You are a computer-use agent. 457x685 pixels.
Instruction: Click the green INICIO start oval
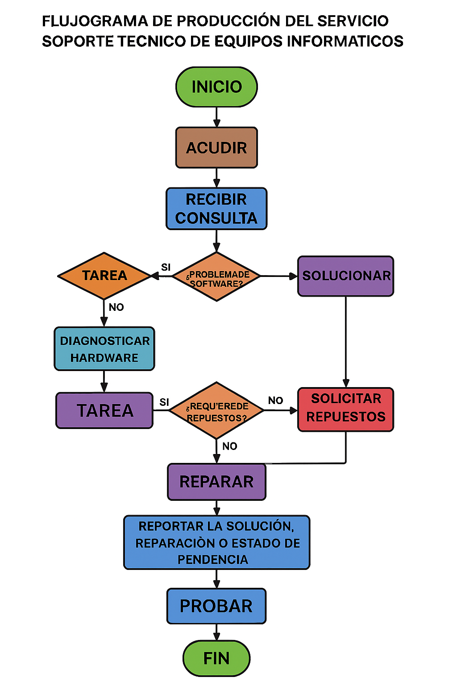pyautogui.click(x=216, y=87)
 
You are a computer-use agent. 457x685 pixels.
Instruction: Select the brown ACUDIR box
pyautogui.click(x=216, y=148)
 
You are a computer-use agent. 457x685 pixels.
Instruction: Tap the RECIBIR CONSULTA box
pyautogui.click(x=216, y=209)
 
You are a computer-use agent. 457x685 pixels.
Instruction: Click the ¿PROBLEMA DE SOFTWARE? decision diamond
pyautogui.click(x=216, y=277)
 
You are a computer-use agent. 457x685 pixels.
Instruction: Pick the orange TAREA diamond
pyautogui.click(x=104, y=276)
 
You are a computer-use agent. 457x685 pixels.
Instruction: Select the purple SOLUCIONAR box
pyautogui.click(x=345, y=276)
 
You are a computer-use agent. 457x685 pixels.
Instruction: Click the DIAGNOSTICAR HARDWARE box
pyautogui.click(x=104, y=349)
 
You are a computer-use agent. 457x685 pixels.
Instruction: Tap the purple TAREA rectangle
pyautogui.click(x=104, y=410)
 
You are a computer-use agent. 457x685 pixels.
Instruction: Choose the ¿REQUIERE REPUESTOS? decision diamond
pyautogui.click(x=216, y=411)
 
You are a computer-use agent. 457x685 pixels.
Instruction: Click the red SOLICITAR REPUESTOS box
pyautogui.click(x=345, y=409)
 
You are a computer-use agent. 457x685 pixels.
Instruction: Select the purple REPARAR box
pyautogui.click(x=216, y=482)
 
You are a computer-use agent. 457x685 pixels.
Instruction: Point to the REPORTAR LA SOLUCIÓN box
pyautogui.click(x=216, y=542)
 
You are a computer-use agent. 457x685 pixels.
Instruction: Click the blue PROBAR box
pyautogui.click(x=216, y=606)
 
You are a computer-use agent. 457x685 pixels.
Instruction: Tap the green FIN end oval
pyautogui.click(x=216, y=658)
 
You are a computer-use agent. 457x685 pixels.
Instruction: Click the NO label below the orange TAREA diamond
pyautogui.click(x=116, y=307)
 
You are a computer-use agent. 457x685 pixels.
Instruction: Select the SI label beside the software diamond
pyautogui.click(x=166, y=267)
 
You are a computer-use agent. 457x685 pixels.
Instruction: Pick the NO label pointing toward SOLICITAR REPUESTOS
pyautogui.click(x=275, y=400)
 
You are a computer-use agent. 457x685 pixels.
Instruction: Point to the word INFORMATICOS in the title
pyautogui.click(x=345, y=41)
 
